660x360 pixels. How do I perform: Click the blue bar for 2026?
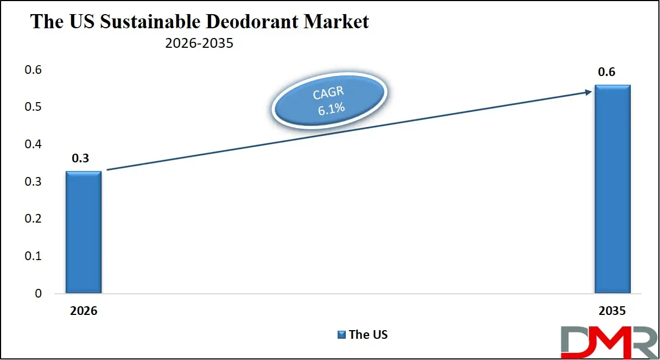pyautogui.click(x=84, y=232)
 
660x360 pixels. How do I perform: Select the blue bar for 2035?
pyautogui.click(x=612, y=190)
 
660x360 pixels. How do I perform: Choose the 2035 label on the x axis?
pyautogui.click(x=612, y=312)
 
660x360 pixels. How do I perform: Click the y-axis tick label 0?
pyautogui.click(x=38, y=294)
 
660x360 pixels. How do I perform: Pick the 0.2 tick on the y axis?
pyautogui.click(x=34, y=219)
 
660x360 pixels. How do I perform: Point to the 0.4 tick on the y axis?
pyautogui.click(x=34, y=144)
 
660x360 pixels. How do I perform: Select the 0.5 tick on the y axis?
pyautogui.click(x=34, y=107)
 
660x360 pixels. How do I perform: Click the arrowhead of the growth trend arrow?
pyautogui.click(x=588, y=92)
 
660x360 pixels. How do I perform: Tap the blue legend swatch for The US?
pyautogui.click(x=342, y=335)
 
